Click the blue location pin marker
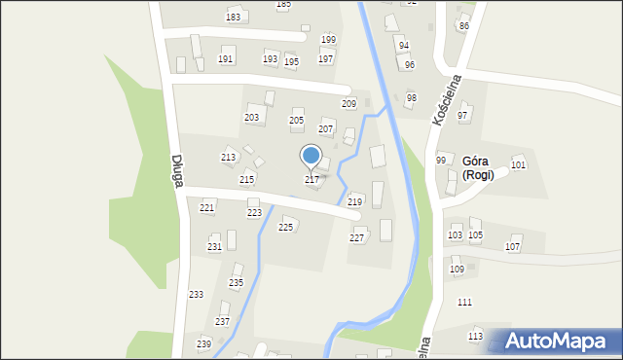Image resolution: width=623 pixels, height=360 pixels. (x=311, y=156)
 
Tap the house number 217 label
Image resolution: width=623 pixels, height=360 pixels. (x=311, y=180)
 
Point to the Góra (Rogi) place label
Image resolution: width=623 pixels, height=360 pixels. (x=477, y=168)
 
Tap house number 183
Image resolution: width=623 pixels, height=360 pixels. (x=233, y=18)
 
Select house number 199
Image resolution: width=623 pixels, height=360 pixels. (x=328, y=40)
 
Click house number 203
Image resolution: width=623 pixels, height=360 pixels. (x=252, y=118)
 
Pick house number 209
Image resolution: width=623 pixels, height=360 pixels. (x=348, y=103)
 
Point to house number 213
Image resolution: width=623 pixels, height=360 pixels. (x=228, y=157)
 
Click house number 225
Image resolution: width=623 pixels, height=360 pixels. (x=285, y=227)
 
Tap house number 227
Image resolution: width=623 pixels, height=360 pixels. (x=357, y=238)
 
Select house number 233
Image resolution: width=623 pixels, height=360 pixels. (x=196, y=295)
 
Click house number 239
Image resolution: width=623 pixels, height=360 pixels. (x=203, y=344)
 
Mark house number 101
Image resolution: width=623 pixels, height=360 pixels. (x=518, y=165)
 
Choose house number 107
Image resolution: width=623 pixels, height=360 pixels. (x=512, y=247)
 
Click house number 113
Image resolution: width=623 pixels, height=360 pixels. (x=475, y=337)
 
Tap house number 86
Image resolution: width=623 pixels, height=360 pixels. (x=463, y=26)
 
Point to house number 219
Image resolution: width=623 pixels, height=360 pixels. (x=354, y=201)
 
